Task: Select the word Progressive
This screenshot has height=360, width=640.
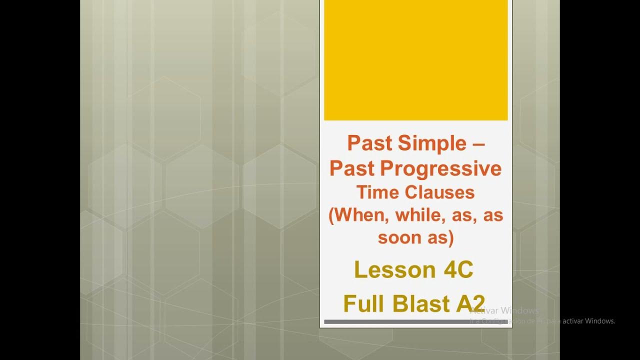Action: (440, 169)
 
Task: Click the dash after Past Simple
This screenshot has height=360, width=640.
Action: (478, 144)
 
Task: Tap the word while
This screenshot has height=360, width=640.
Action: (420, 215)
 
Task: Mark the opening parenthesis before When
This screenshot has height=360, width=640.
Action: (332, 216)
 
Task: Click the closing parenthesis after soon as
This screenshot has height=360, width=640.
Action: (450, 238)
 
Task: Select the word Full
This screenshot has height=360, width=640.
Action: (364, 303)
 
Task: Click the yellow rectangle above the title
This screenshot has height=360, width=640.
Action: (415, 60)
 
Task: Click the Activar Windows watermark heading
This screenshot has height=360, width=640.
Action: (505, 310)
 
